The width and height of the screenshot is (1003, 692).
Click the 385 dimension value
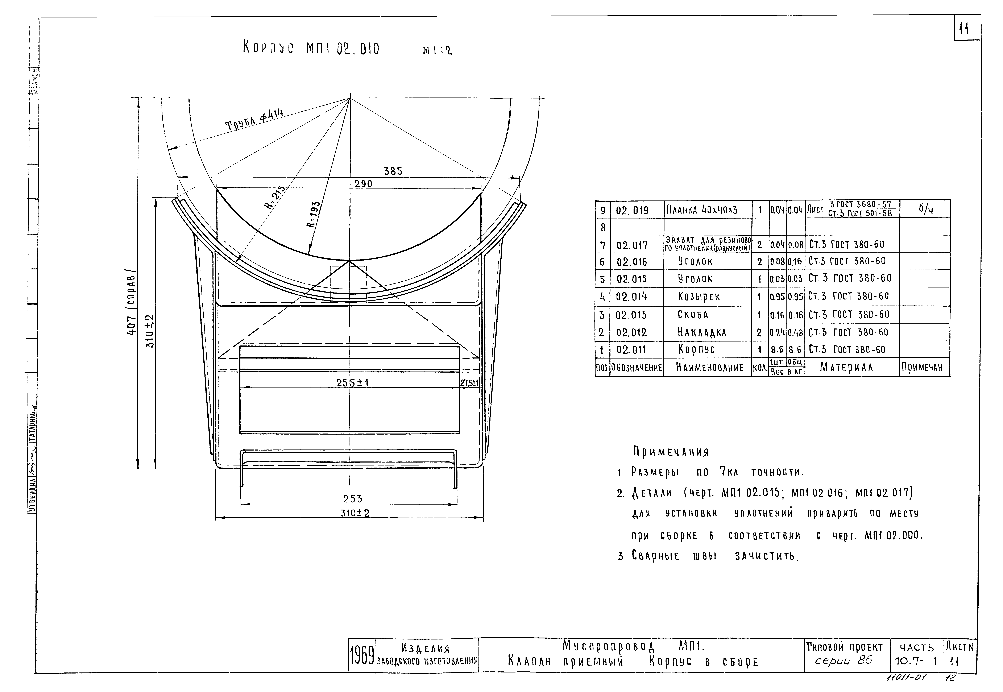coord(393,171)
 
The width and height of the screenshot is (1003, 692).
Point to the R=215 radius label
coord(276,197)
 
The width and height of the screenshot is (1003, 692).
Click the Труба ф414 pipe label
coord(254,120)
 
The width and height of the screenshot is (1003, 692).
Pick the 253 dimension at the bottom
coord(353,499)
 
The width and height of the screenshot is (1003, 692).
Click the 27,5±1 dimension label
coord(469,383)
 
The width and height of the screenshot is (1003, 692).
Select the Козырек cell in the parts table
coord(699,297)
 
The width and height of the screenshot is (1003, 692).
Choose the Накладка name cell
coord(702,333)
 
